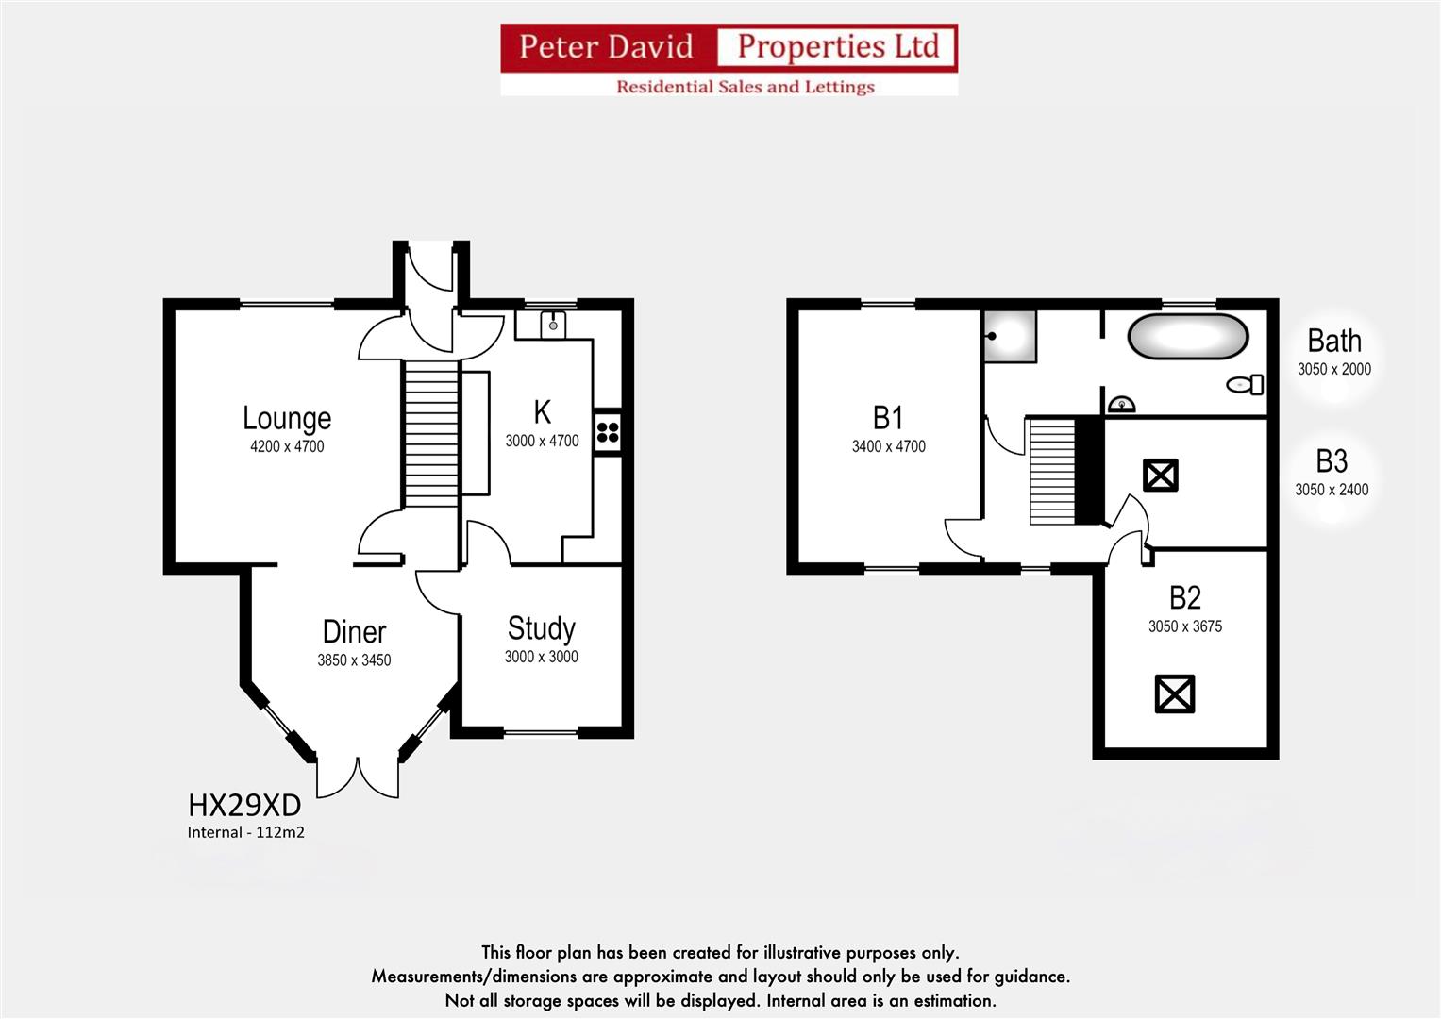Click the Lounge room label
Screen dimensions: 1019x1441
click(287, 418)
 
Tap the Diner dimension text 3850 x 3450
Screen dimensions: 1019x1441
click(354, 660)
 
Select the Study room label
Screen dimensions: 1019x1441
click(541, 628)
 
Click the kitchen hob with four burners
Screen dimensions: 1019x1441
click(608, 433)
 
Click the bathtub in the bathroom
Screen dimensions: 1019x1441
click(1188, 337)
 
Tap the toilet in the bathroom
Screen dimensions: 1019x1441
click(1246, 384)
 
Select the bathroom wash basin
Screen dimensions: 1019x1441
click(1121, 405)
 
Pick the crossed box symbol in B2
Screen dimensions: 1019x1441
click(1175, 694)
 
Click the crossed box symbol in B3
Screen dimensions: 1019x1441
click(1161, 475)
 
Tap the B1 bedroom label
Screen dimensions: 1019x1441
click(888, 417)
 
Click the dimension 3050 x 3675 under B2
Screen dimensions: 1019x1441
click(1185, 626)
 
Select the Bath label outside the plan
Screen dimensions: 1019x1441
click(1333, 341)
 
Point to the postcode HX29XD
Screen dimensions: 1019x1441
click(244, 805)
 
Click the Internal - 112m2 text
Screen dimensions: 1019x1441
click(245, 832)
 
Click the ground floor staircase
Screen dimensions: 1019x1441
click(431, 434)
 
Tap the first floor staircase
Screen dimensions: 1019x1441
click(1053, 471)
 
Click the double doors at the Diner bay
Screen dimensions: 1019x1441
click(357, 777)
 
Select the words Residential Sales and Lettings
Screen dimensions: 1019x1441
click(745, 87)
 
